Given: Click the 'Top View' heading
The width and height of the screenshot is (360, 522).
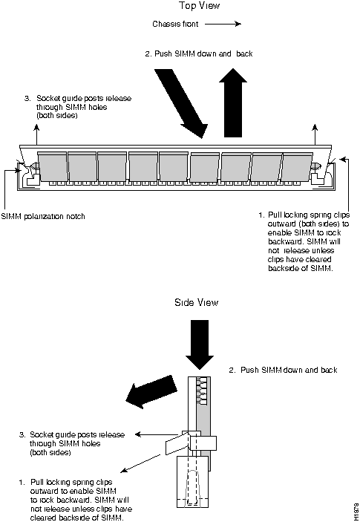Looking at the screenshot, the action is click(x=199, y=6).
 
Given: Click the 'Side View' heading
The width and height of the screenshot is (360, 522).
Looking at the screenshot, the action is click(x=196, y=302).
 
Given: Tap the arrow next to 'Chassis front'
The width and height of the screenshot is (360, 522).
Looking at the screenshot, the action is click(x=223, y=24).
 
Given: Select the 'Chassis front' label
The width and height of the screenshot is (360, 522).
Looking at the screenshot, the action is click(x=175, y=24).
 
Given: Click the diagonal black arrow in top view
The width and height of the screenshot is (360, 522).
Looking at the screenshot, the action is click(x=181, y=103).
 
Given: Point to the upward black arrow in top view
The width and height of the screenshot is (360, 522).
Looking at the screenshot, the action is click(x=233, y=102).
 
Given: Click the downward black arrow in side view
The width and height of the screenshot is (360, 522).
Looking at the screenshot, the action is click(x=200, y=345).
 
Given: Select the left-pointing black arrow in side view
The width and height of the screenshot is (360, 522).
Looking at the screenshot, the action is click(x=151, y=392).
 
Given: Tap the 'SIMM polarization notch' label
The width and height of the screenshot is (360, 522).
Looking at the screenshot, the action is click(x=43, y=216).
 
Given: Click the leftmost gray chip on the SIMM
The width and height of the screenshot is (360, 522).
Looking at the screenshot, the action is click(x=52, y=166).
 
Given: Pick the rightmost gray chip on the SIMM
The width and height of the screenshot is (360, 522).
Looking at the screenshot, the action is click(x=298, y=167).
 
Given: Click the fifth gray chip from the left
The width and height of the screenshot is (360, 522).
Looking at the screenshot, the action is click(x=174, y=167).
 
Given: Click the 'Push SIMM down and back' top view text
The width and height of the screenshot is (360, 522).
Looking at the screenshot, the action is click(x=199, y=53).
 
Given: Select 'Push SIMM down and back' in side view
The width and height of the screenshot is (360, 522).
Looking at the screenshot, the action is click(x=283, y=370).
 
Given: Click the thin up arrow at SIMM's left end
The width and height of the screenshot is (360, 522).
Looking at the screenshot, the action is click(x=36, y=134).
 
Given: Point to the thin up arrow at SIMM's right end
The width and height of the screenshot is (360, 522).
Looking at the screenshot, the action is click(x=315, y=134).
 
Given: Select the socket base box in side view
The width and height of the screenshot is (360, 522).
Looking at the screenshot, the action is click(x=192, y=482).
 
